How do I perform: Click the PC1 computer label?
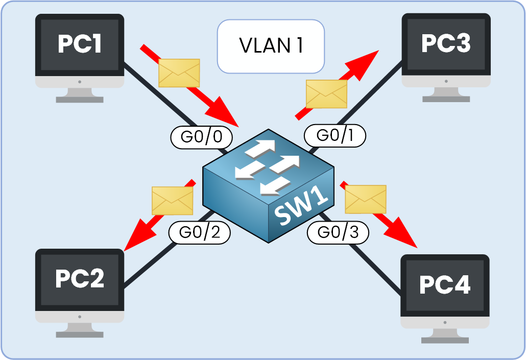tap(80, 44)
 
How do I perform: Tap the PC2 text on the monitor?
tap(80, 279)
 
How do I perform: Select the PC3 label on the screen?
tap(445, 44)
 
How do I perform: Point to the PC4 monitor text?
tap(444, 285)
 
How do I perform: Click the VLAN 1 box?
tap(271, 46)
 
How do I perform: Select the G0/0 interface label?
tap(201, 136)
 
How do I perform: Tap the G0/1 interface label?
tap(335, 135)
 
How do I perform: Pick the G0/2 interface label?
tap(200, 232)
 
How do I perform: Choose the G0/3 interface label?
tap(338, 232)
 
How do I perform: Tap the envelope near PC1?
tap(179, 73)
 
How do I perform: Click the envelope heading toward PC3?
tap(326, 94)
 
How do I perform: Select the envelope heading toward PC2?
tap(173, 201)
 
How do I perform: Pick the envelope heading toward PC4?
tap(366, 199)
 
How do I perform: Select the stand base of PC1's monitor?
tap(80, 98)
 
